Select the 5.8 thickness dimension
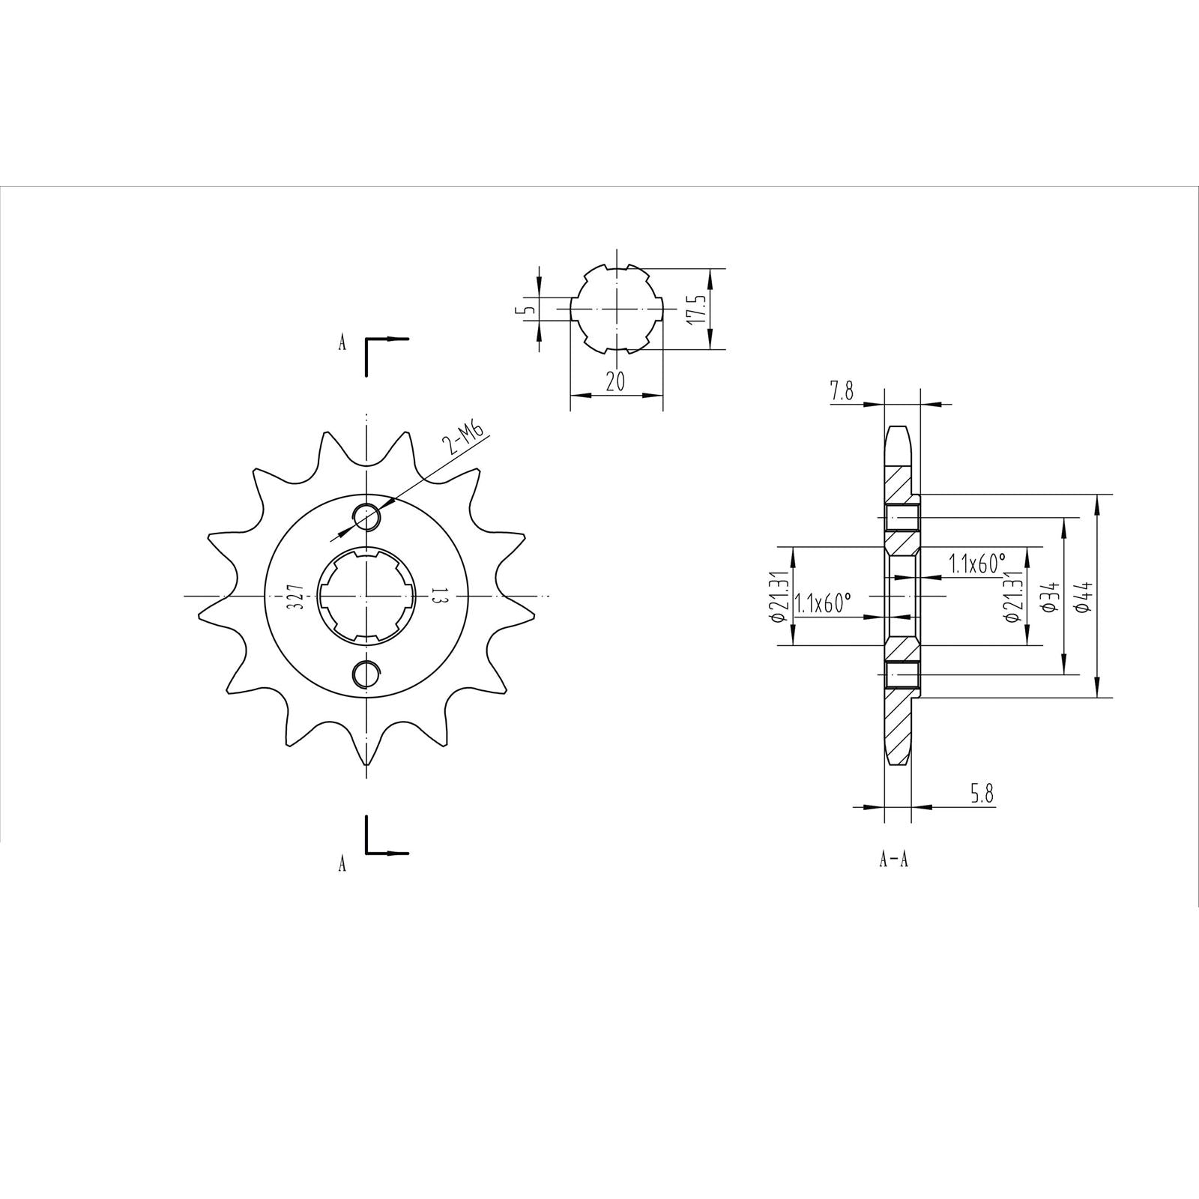click(x=982, y=794)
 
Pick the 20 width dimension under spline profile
click(x=615, y=381)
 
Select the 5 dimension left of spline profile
click(x=529, y=308)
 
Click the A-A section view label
click(x=893, y=860)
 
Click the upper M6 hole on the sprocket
click(x=366, y=517)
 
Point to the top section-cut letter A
click(x=342, y=343)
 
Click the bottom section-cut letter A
click(x=342, y=864)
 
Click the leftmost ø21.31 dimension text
click(x=777, y=597)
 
